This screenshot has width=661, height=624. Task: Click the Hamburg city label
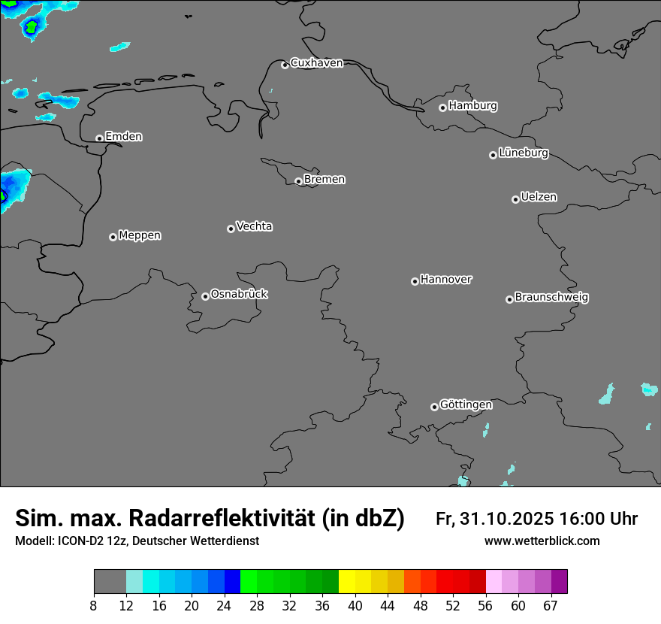472,106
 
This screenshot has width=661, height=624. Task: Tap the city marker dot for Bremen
298,181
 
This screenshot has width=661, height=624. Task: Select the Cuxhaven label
316,63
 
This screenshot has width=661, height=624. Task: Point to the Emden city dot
99,138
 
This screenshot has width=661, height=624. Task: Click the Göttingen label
466,404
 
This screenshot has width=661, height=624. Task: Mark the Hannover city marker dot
415,281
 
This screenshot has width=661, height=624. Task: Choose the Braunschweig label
551,297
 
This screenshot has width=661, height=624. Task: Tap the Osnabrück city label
239,294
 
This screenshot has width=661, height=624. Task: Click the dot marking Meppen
113,237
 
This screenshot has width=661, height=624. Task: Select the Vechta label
254,226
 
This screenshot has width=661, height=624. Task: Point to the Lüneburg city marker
493,155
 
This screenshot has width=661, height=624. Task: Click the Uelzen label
539,197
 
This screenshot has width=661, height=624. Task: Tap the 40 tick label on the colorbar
355,606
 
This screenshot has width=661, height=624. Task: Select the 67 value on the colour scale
551,606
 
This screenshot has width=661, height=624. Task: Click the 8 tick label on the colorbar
93,606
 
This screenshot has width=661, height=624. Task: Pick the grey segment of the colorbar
110,582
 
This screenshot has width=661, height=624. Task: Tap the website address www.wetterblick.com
542,541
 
